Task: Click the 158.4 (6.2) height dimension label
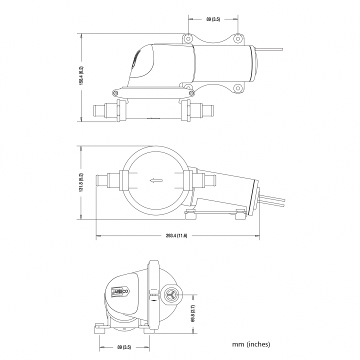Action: [81, 76]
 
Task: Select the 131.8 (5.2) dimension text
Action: [81, 182]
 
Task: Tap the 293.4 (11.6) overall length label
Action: [176, 235]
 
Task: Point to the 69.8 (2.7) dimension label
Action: [192, 313]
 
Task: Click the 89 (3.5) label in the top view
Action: [213, 19]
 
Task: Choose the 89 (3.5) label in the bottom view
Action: [124, 347]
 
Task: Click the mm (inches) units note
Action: [251, 344]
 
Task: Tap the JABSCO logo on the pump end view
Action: [120, 292]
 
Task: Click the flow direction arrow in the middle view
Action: [156, 180]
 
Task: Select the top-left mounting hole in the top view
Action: [188, 38]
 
